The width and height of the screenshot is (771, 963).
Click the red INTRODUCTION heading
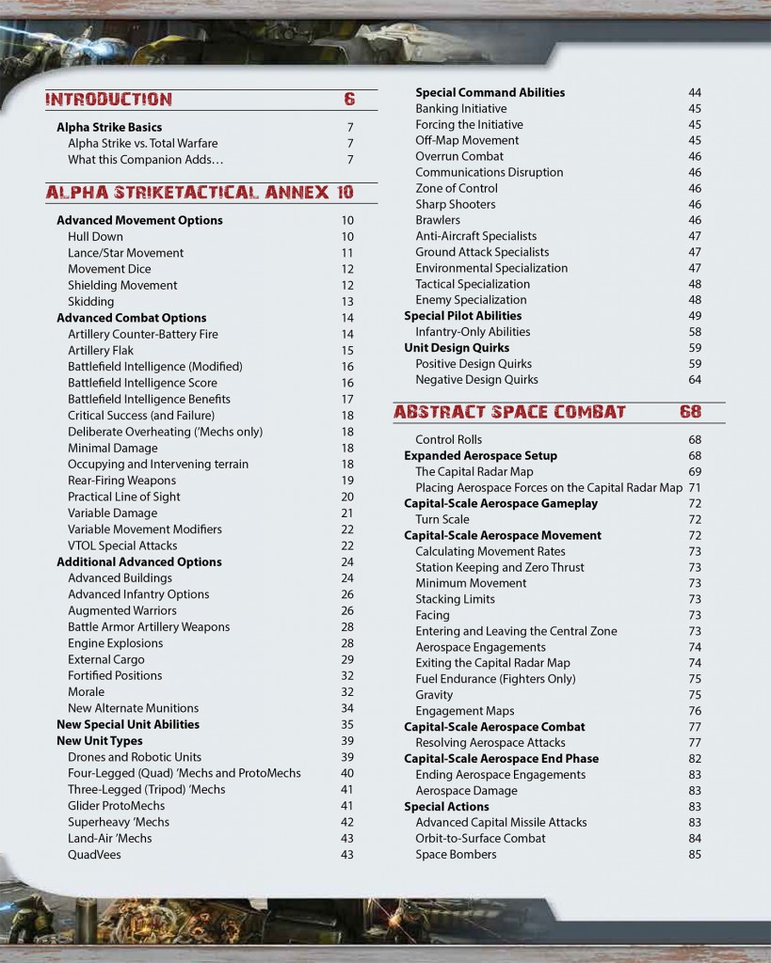109,100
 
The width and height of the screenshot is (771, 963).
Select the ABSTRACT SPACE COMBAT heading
509,412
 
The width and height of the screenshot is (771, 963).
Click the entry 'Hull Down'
95,236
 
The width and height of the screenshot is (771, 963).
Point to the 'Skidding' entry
90,301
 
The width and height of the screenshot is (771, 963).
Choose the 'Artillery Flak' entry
103,350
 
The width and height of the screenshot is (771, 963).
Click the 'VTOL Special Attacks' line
122,545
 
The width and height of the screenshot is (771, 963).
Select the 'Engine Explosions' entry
115,643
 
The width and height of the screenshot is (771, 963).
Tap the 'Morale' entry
86,692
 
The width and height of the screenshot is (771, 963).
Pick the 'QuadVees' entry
94,855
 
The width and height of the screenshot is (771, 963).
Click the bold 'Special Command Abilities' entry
490,92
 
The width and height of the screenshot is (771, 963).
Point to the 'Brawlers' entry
438,220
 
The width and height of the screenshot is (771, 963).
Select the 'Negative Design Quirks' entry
476,380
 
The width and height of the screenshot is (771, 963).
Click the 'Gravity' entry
434,695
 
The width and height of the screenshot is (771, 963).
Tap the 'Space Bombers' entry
456,855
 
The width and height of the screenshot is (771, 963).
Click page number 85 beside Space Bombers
695,855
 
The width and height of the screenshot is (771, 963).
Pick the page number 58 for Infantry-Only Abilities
695,332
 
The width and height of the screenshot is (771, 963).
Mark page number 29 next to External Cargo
347,659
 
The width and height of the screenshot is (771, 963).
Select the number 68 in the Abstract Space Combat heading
690,412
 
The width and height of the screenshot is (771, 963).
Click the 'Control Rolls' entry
448,439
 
